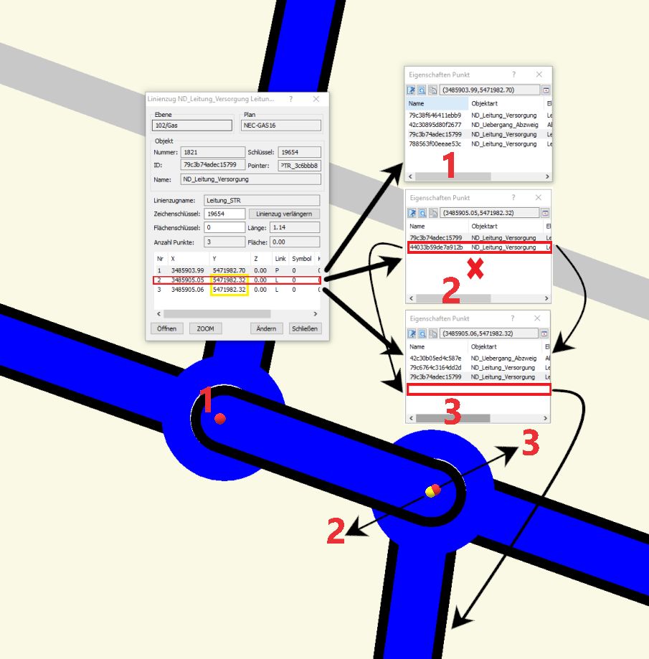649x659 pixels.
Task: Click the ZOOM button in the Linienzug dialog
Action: pos(205,328)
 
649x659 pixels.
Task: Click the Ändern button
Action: pos(266,328)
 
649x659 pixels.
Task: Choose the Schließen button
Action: pos(304,328)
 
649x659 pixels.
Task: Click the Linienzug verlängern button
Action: pos(284,214)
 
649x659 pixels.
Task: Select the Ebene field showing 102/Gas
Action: pos(191,125)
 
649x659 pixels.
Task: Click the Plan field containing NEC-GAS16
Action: pos(281,125)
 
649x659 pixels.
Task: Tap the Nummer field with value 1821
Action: pos(213,152)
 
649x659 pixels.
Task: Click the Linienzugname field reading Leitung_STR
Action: pos(262,201)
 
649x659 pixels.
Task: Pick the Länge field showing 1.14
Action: pos(295,227)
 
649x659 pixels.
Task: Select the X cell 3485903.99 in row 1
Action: pos(187,270)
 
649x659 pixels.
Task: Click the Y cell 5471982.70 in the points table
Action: pos(229,270)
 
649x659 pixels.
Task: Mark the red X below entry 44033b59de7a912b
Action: pos(475,269)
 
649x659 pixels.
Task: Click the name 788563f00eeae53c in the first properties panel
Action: pos(435,143)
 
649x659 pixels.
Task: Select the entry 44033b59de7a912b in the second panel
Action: pos(436,247)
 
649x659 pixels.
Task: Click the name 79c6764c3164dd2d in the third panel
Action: pos(435,367)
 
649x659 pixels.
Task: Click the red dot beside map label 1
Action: pos(220,419)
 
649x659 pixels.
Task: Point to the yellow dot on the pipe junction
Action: pos(430,491)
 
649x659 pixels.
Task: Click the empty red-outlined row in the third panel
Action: pos(479,389)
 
